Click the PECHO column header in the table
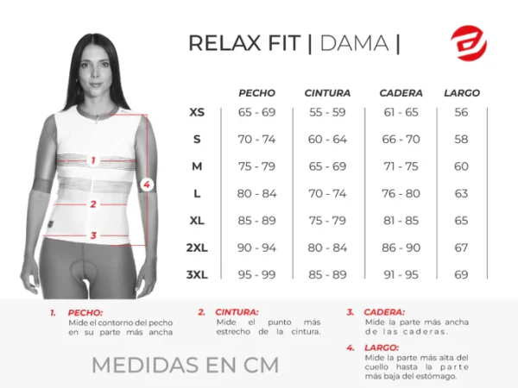coord(256,92)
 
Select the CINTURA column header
coord(327,92)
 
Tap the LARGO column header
coord(461,92)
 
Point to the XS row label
coord(197,113)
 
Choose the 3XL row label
coord(197,274)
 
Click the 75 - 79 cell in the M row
coord(256,166)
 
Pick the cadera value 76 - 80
coord(401,193)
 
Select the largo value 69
coord(461,274)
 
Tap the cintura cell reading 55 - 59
coord(327,113)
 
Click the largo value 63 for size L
coord(461,193)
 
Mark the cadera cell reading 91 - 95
coord(401,274)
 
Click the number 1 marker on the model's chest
coord(92,160)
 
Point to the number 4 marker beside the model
coord(147,184)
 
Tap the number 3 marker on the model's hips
coord(92,235)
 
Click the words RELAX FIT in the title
coord(245,43)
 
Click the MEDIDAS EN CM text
coord(185,365)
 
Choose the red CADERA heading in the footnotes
coord(384,313)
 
